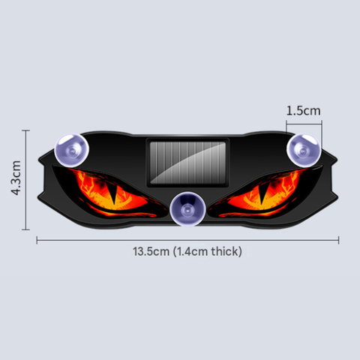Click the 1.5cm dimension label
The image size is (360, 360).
(x=303, y=111)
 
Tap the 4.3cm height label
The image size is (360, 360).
(x=16, y=178)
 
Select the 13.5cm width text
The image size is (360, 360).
(x=151, y=251)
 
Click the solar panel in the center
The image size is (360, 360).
(x=187, y=163)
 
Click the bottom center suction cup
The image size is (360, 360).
(x=187, y=209)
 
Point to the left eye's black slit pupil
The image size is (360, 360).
(x=114, y=194)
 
